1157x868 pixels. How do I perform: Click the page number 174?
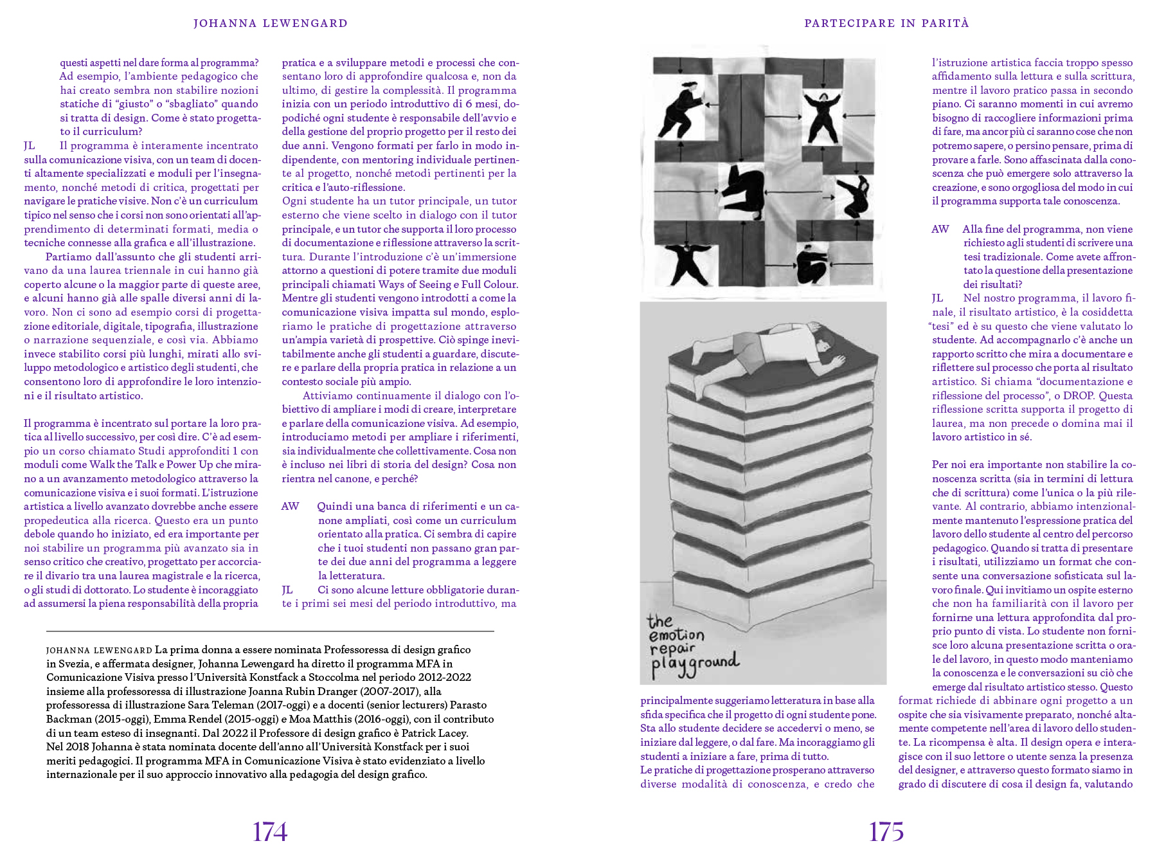[270, 832]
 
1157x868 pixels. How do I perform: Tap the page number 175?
[886, 832]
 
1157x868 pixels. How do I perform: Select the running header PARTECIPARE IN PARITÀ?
[886, 24]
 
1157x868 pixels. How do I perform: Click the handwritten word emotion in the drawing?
[676, 636]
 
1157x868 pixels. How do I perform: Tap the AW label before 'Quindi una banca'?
[291, 507]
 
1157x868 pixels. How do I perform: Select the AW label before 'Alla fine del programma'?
[940, 230]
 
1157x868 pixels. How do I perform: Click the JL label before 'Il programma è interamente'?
[30, 146]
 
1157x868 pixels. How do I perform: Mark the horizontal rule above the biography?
[270, 631]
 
